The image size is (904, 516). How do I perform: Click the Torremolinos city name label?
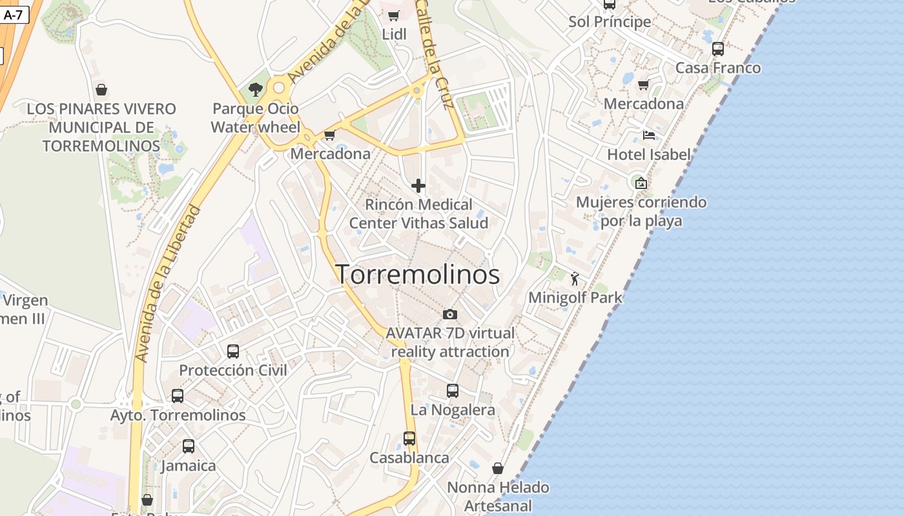tap(418, 275)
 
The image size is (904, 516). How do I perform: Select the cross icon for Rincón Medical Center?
tap(418, 186)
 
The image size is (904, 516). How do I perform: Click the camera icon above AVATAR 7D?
tap(450, 314)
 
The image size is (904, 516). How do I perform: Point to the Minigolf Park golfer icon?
tap(575, 279)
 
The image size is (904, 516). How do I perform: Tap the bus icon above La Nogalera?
tap(453, 391)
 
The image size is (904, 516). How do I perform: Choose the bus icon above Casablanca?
tap(409, 439)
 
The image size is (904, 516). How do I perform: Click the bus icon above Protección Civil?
tap(233, 352)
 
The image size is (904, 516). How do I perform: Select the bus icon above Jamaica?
tap(189, 446)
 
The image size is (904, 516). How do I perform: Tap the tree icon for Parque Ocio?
tap(256, 90)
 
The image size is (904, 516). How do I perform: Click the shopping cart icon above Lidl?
tap(394, 15)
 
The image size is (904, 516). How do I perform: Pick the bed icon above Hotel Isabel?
tap(649, 135)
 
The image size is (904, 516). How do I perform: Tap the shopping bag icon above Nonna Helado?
tap(498, 468)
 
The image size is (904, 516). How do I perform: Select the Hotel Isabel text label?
tap(649, 155)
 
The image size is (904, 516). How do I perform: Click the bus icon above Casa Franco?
tap(718, 49)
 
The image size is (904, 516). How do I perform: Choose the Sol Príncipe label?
tap(610, 22)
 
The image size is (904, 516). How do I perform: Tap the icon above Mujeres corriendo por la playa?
tap(641, 183)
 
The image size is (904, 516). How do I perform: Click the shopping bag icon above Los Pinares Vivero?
tap(101, 90)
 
